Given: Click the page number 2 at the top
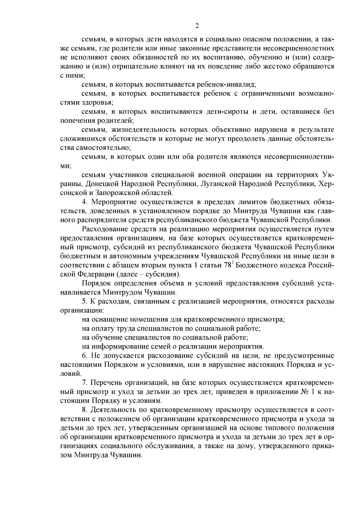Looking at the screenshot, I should [197, 26].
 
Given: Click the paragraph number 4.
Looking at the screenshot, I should [84, 202].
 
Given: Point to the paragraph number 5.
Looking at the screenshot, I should [84, 301].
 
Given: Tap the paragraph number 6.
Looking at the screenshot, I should [84, 356].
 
